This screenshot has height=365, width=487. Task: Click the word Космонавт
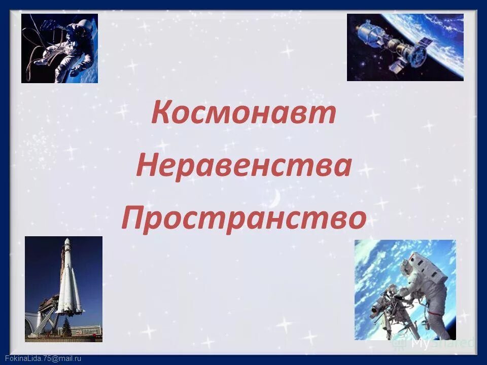pyautogui.click(x=243, y=114)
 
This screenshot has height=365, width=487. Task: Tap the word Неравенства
pyautogui.click(x=243, y=167)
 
